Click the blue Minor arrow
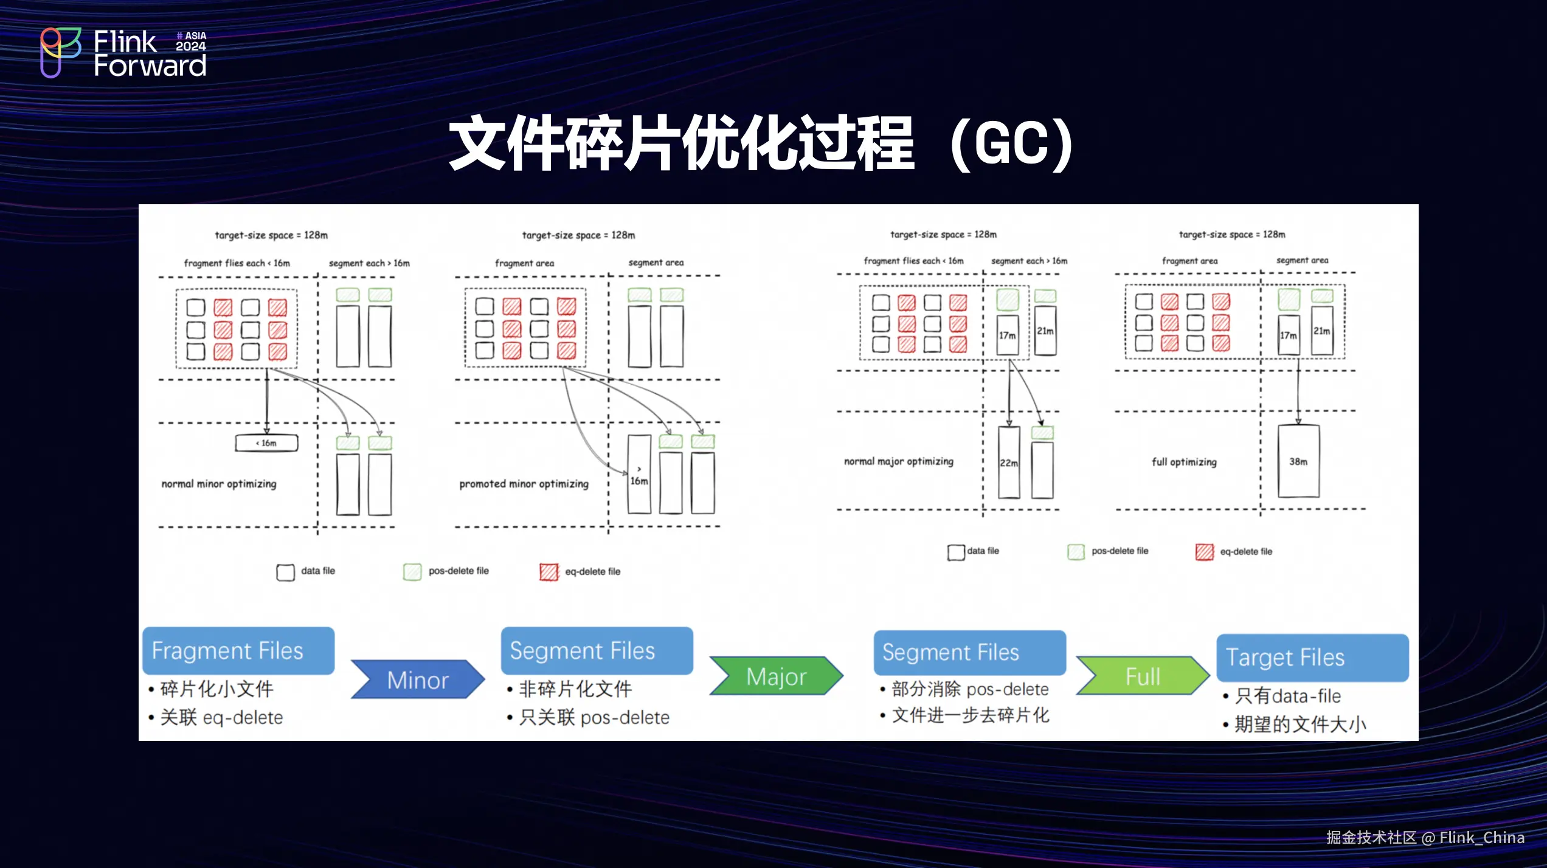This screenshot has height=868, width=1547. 418,680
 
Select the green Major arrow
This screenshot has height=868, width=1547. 776,676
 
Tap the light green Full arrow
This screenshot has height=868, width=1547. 1143,676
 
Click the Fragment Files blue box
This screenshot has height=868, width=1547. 238,651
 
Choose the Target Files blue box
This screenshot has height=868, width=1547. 1312,658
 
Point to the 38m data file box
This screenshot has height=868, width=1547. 1298,461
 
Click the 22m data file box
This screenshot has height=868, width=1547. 1008,463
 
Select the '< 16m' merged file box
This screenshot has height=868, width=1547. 266,443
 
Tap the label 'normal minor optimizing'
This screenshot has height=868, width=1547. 219,484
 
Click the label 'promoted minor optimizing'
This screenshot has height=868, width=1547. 524,484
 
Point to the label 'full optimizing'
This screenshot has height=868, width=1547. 1184,462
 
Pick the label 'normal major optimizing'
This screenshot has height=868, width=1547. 898,461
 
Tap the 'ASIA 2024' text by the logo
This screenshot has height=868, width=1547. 191,41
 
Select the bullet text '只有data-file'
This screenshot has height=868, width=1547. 1288,696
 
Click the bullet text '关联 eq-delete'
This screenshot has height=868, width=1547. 221,718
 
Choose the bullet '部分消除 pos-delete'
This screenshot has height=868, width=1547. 970,689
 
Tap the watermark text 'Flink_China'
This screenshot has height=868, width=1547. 1481,838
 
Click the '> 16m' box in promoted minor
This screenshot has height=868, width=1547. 639,475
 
